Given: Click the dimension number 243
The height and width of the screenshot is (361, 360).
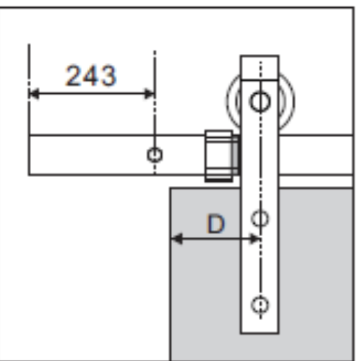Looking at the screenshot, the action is [91, 76].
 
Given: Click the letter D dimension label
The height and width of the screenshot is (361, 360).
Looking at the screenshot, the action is [215, 224].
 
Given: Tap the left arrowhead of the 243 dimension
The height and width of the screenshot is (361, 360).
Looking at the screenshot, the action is [34, 94].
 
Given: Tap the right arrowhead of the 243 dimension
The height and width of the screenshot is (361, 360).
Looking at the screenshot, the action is [150, 94].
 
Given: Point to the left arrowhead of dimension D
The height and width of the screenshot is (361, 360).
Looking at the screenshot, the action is [176, 239].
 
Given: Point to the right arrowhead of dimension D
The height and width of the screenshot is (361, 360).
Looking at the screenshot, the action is [254, 239].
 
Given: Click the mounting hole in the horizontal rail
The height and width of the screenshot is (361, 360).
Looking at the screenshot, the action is [155, 155].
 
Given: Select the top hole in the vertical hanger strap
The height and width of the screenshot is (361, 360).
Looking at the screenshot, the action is [260, 101].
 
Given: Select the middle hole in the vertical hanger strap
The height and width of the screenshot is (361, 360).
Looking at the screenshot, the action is [260, 218].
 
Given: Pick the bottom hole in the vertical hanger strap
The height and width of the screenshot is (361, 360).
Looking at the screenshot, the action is [260, 305].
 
